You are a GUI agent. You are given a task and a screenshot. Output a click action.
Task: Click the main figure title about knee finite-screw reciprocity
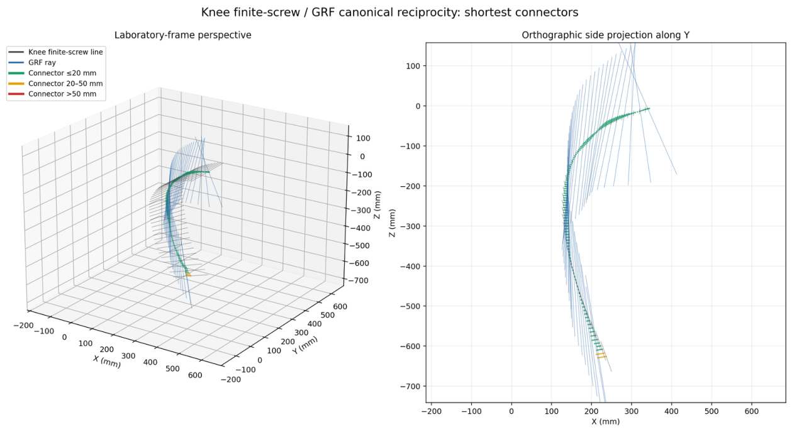click(x=389, y=13)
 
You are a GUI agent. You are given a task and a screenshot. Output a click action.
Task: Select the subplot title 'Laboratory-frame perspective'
click(x=183, y=35)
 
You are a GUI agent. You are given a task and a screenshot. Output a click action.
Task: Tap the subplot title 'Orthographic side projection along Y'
click(x=606, y=35)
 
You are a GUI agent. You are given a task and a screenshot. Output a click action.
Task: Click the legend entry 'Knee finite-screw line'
click(x=66, y=52)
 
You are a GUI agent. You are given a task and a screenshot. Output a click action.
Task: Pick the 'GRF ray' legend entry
click(x=42, y=63)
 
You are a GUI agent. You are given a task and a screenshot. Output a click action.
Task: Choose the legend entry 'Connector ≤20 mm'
click(x=62, y=73)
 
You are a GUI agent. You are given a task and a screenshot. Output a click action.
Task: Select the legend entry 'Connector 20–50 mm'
click(x=65, y=84)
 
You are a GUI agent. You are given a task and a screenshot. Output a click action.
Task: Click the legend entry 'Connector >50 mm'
click(x=62, y=94)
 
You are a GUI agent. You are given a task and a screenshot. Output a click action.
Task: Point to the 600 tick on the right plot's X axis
click(x=751, y=411)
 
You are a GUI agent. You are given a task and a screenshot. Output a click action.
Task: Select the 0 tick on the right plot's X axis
click(x=511, y=411)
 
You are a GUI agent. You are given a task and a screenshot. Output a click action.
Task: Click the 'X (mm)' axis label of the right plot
click(x=606, y=421)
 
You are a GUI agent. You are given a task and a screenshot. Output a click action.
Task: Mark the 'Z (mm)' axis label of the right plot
click(x=392, y=223)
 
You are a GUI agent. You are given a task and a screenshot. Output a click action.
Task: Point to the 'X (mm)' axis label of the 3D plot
click(x=107, y=362)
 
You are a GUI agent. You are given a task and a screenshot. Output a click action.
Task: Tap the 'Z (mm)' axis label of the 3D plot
click(x=377, y=205)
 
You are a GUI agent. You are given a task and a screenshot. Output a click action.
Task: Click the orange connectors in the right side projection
click(x=601, y=355)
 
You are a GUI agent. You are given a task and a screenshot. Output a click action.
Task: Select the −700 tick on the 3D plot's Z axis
click(x=357, y=280)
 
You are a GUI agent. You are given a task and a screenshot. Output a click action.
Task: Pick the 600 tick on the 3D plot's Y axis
click(x=340, y=307)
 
